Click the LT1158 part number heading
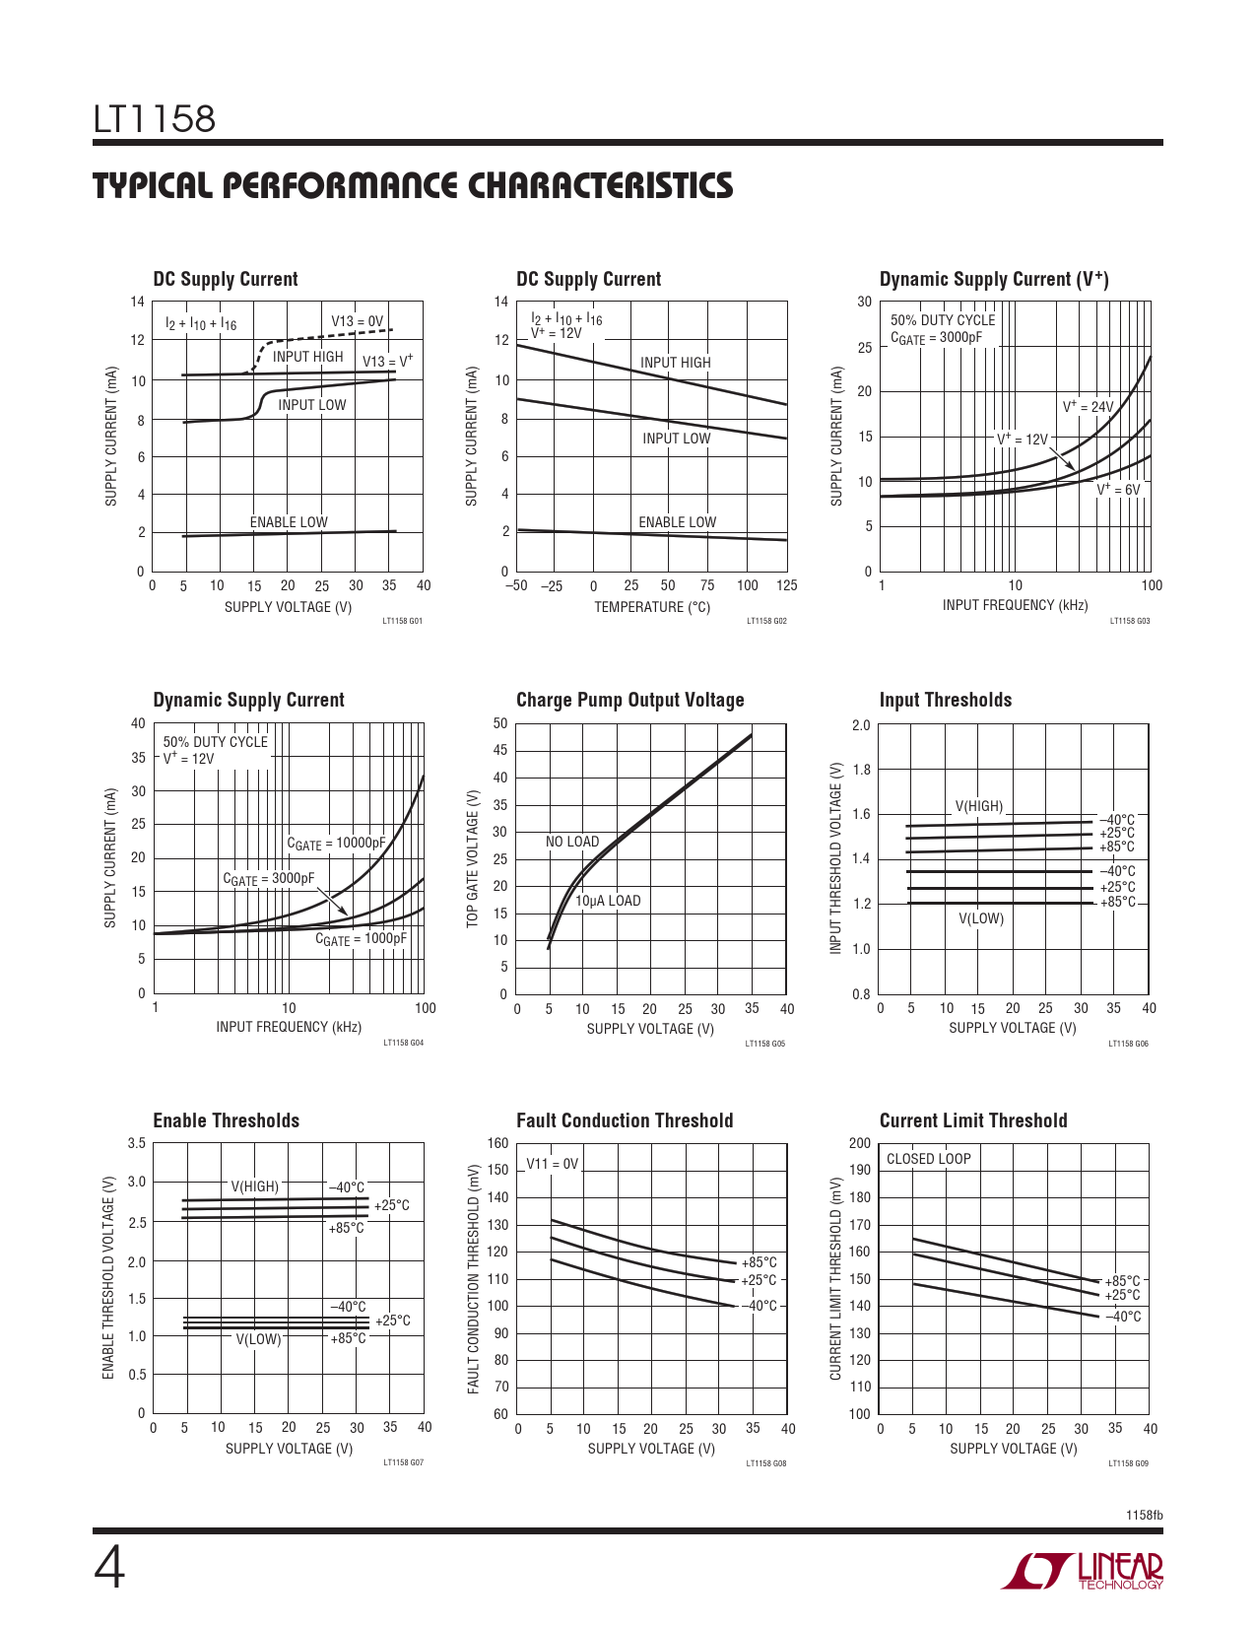coord(155,119)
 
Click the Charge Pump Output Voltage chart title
coord(629,700)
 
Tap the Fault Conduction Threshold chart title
coord(625,1120)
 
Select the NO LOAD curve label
coord(572,842)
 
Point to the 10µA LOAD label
coord(608,901)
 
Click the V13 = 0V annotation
coord(357,321)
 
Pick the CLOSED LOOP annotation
coord(928,1159)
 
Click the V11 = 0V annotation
coord(553,1164)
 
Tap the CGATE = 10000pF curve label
coord(336,844)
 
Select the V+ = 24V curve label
coord(1088,406)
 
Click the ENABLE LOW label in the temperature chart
coord(677,522)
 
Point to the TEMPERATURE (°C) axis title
coord(651,607)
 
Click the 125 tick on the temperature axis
coord(786,585)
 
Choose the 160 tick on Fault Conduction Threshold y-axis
coord(498,1143)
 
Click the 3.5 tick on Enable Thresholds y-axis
coord(137,1143)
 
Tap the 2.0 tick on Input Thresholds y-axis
coord(861,725)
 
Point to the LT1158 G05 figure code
coord(765,1043)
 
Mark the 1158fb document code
coord(1144,1515)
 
